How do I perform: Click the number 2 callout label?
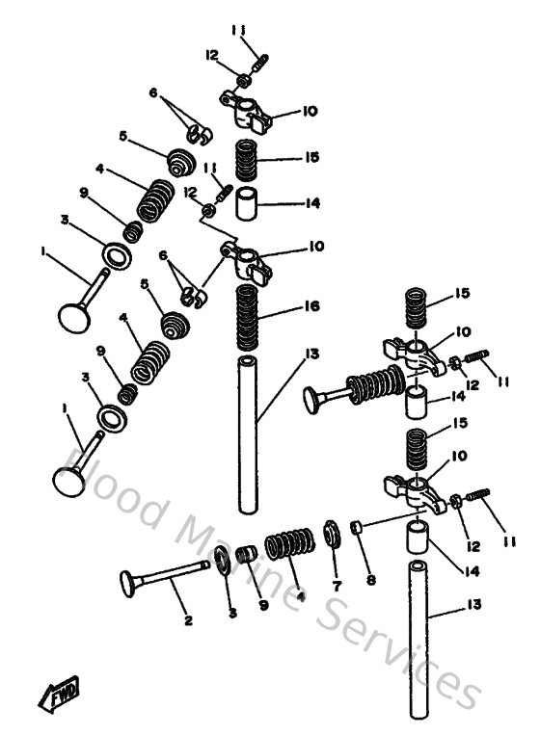coord(187,620)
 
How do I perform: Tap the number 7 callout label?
coord(336,586)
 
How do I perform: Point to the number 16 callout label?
coord(310,306)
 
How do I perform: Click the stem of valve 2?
coord(174,574)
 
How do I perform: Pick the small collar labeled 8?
coord(357,528)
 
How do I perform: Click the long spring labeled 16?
coord(248,316)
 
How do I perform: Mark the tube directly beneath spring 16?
coord(249,433)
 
